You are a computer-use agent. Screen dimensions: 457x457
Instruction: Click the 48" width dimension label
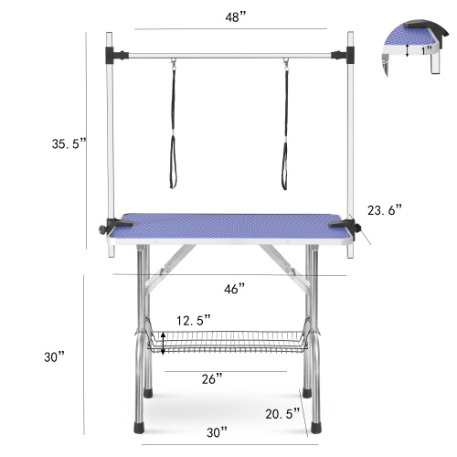point(235,17)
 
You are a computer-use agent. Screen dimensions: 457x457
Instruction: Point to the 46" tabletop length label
point(235,289)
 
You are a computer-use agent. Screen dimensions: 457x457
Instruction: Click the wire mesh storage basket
point(228,344)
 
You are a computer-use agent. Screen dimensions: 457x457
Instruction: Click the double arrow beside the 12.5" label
point(163,344)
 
